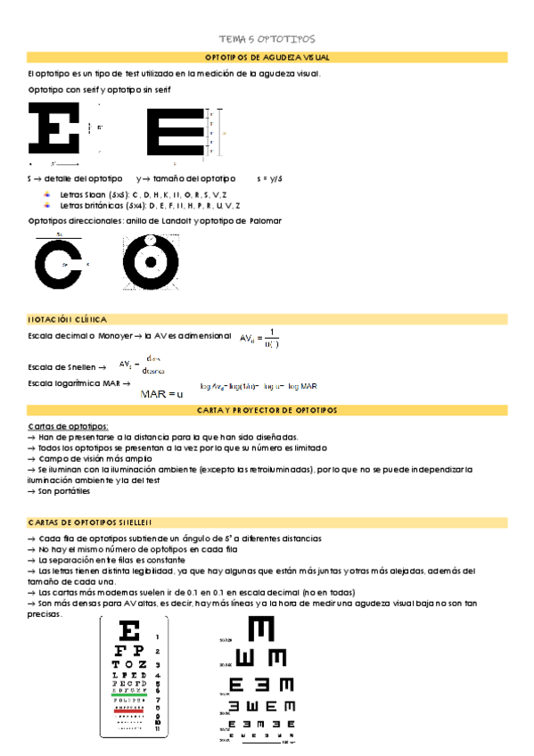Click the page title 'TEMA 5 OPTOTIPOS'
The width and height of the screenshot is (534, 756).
pyautogui.click(x=267, y=39)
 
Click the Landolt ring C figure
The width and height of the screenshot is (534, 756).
pyautogui.click(x=59, y=266)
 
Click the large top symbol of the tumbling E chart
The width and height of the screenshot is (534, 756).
pyautogui.click(x=261, y=630)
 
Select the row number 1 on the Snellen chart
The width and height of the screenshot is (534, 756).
pyautogui.click(x=158, y=637)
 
